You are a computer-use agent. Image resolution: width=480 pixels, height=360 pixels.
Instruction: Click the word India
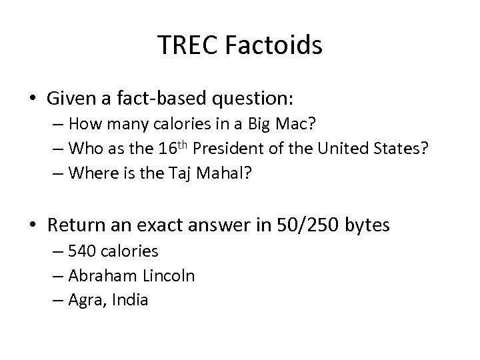point(130,299)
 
